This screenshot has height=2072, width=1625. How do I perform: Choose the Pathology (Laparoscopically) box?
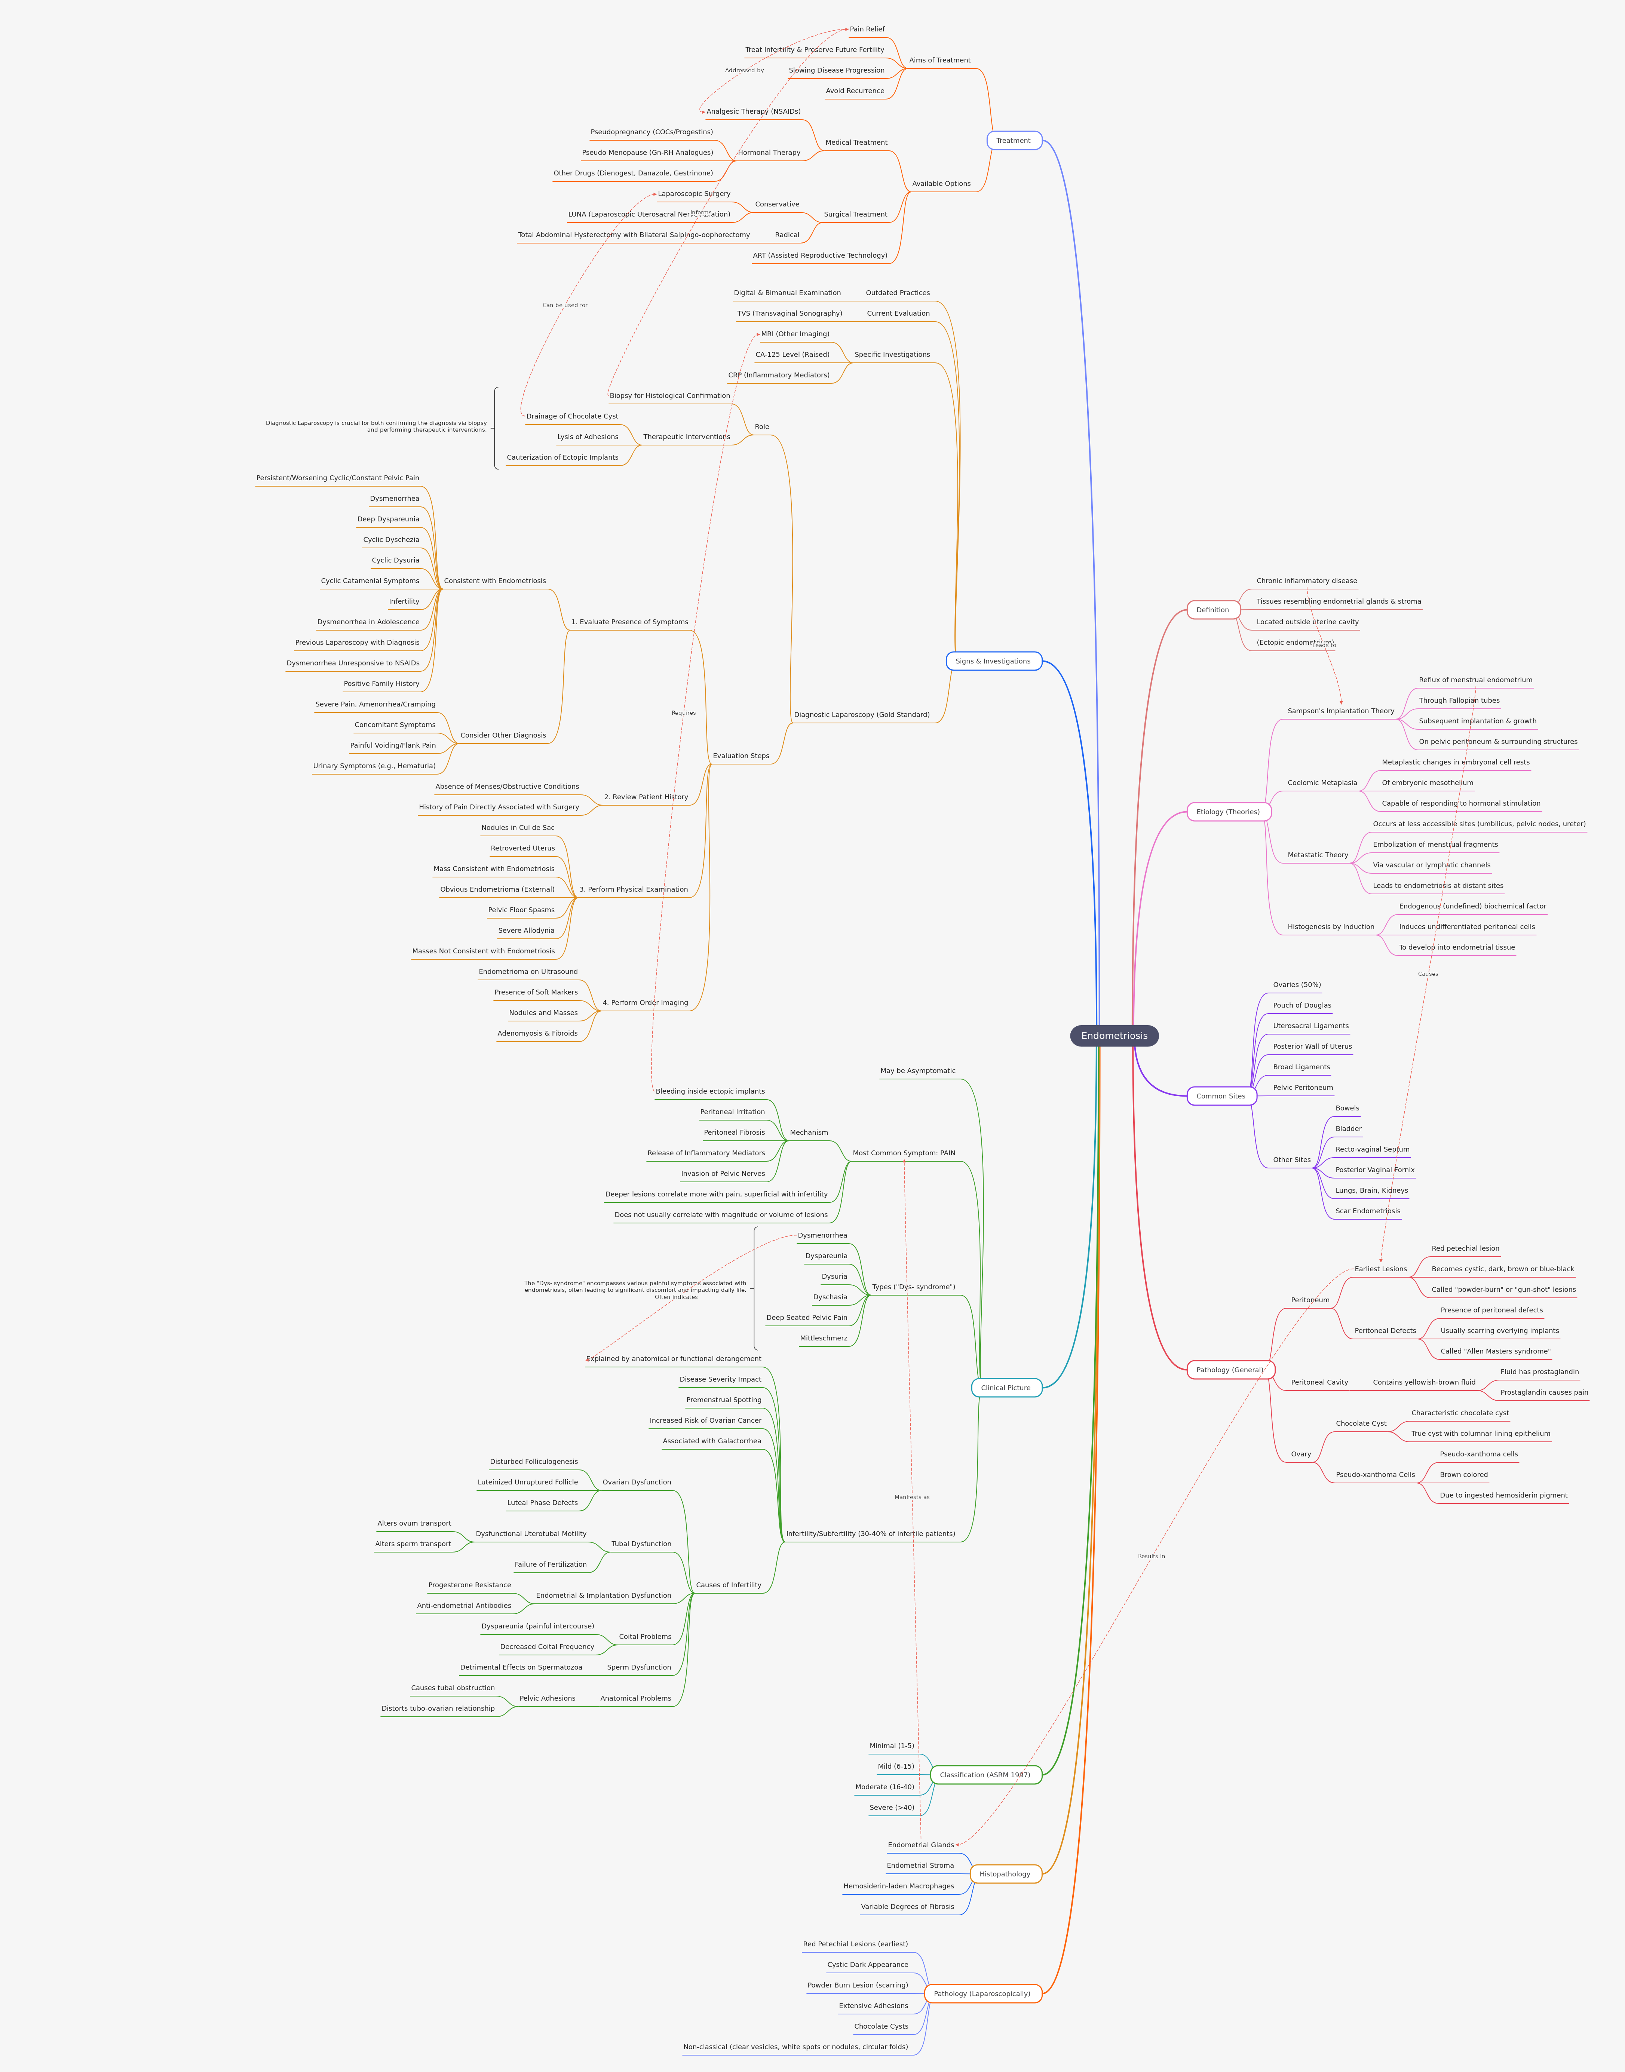[x=982, y=1993]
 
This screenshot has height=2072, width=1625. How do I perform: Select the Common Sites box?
[x=1221, y=1096]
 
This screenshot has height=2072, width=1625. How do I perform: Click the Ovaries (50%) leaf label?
[x=1297, y=985]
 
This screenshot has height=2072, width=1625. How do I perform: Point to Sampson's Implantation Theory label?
[x=1340, y=711]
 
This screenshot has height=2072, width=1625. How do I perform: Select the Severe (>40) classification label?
[x=892, y=1808]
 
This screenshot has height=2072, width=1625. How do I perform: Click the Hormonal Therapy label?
[x=769, y=152]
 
